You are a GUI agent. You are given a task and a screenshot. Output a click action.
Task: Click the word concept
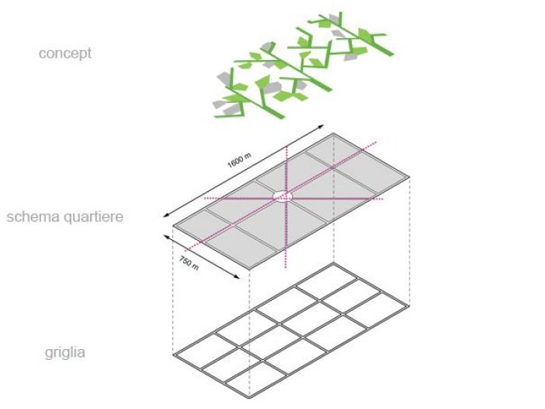pyautogui.click(x=65, y=54)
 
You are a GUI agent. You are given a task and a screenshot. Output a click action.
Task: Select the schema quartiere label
pyautogui.click(x=65, y=217)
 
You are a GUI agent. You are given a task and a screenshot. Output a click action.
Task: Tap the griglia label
pyautogui.click(x=65, y=352)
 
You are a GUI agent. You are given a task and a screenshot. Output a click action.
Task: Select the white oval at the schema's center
pyautogui.click(x=286, y=196)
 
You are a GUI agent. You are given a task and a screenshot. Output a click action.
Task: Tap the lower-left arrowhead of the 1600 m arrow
pyautogui.click(x=161, y=216)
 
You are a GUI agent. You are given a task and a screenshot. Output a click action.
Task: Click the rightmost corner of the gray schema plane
pyautogui.click(x=410, y=178)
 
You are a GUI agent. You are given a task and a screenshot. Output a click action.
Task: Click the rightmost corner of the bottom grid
pyautogui.click(x=410, y=307)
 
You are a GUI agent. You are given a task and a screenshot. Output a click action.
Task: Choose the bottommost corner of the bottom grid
pyautogui.click(x=249, y=401)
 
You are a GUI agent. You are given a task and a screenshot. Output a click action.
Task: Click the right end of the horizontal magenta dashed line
pyautogui.click(x=384, y=199)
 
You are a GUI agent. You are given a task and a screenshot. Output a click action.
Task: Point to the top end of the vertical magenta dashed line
pyautogui.click(x=287, y=145)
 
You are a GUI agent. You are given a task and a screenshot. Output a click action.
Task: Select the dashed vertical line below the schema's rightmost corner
pyautogui.click(x=410, y=242)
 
